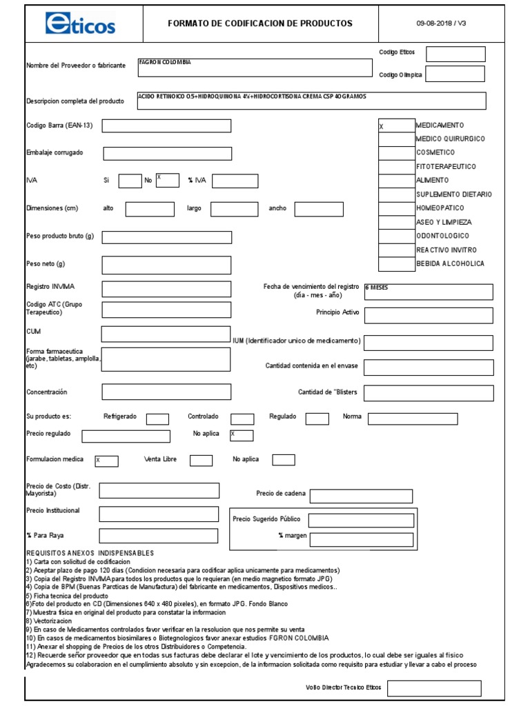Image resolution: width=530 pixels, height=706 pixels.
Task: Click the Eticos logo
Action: coord(80,23)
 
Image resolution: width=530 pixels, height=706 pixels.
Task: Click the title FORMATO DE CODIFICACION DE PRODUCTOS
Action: coord(259,23)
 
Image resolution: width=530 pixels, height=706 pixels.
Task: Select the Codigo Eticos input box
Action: coord(455,54)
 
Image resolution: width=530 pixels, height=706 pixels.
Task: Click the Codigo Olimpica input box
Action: coord(455,74)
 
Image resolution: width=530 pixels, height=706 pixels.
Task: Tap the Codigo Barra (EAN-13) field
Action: coord(166,125)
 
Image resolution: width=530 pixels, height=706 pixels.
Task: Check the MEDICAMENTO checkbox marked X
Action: coord(396,125)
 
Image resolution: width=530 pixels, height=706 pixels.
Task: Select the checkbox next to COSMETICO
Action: coord(396,152)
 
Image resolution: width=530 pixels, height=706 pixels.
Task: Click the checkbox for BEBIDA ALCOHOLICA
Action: coord(396,263)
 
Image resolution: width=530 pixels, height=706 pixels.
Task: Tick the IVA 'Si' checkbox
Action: coord(130,181)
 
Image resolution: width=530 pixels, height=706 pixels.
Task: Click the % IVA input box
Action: coord(235,181)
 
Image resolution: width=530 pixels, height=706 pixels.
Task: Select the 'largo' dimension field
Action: coord(234,209)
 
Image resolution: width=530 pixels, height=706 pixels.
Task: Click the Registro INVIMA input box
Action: coord(166,288)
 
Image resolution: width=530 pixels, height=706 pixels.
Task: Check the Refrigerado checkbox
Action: coord(157,418)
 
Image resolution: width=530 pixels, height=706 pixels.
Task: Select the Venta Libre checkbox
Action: coord(201,461)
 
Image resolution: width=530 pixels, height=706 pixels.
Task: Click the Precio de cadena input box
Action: coord(361,496)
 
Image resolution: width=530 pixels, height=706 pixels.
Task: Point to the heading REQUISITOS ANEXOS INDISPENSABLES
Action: coord(90,554)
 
